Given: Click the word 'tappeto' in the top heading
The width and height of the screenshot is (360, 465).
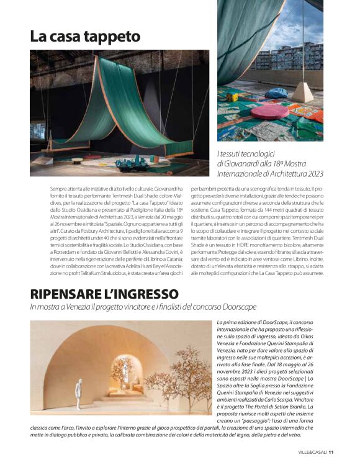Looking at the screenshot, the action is [x=111, y=37].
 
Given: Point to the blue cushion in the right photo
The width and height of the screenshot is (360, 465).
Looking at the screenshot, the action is [x=277, y=93].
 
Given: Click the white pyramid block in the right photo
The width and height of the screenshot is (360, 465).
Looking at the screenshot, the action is [x=304, y=92].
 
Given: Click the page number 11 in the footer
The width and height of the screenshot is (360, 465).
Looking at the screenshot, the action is [x=331, y=451].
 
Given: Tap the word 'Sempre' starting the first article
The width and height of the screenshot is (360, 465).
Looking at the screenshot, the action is [x=59, y=187].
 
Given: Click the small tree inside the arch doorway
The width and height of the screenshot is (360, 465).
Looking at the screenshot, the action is [x=122, y=371].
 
